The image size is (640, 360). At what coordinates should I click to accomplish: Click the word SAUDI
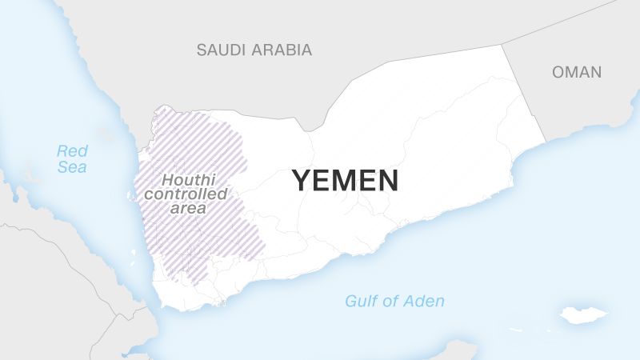[x=221, y=50]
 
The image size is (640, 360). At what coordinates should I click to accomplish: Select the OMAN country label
[x=576, y=72]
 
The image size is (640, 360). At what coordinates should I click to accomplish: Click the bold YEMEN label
[x=345, y=180]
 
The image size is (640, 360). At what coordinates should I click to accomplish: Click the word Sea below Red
[x=72, y=167]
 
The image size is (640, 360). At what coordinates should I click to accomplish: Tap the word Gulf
[x=361, y=302]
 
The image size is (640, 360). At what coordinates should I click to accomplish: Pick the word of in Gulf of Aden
[x=390, y=302]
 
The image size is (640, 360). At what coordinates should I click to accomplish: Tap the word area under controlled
[x=189, y=209]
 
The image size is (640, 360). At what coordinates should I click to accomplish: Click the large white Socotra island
[x=583, y=314]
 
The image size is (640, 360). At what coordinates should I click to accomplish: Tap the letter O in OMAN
[x=558, y=72]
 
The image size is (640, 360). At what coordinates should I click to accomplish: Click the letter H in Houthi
[x=167, y=180]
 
